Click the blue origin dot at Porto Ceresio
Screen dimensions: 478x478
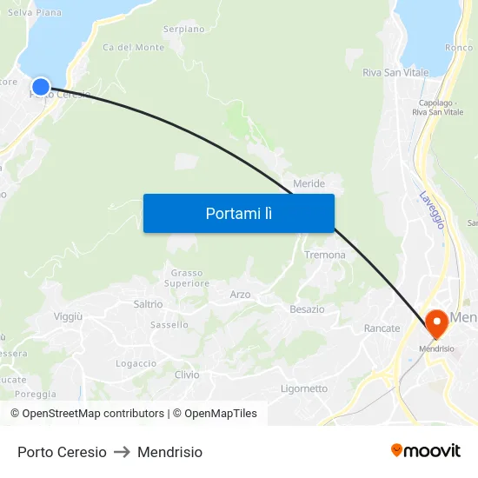(x=41, y=87)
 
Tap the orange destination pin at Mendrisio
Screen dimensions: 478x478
(x=435, y=323)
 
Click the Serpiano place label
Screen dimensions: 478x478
(x=183, y=29)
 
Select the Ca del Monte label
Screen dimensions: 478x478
(x=133, y=47)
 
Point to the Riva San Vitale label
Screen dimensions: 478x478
(x=395, y=73)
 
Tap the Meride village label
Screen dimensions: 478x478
(x=309, y=183)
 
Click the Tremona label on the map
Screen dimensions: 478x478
(x=324, y=255)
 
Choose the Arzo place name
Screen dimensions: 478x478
(x=240, y=295)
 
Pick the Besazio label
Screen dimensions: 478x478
(x=307, y=309)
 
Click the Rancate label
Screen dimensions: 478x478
(x=382, y=329)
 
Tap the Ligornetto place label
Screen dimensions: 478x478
(x=304, y=388)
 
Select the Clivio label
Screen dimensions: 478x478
(x=187, y=375)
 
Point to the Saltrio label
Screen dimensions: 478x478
(x=148, y=304)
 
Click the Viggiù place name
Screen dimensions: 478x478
(x=68, y=316)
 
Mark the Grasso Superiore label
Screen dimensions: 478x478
(x=187, y=278)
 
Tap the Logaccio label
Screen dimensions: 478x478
(x=136, y=363)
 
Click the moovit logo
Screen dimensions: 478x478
(x=425, y=450)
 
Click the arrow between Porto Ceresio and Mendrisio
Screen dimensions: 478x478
(x=122, y=452)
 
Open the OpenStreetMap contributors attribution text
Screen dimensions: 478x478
(x=93, y=414)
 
